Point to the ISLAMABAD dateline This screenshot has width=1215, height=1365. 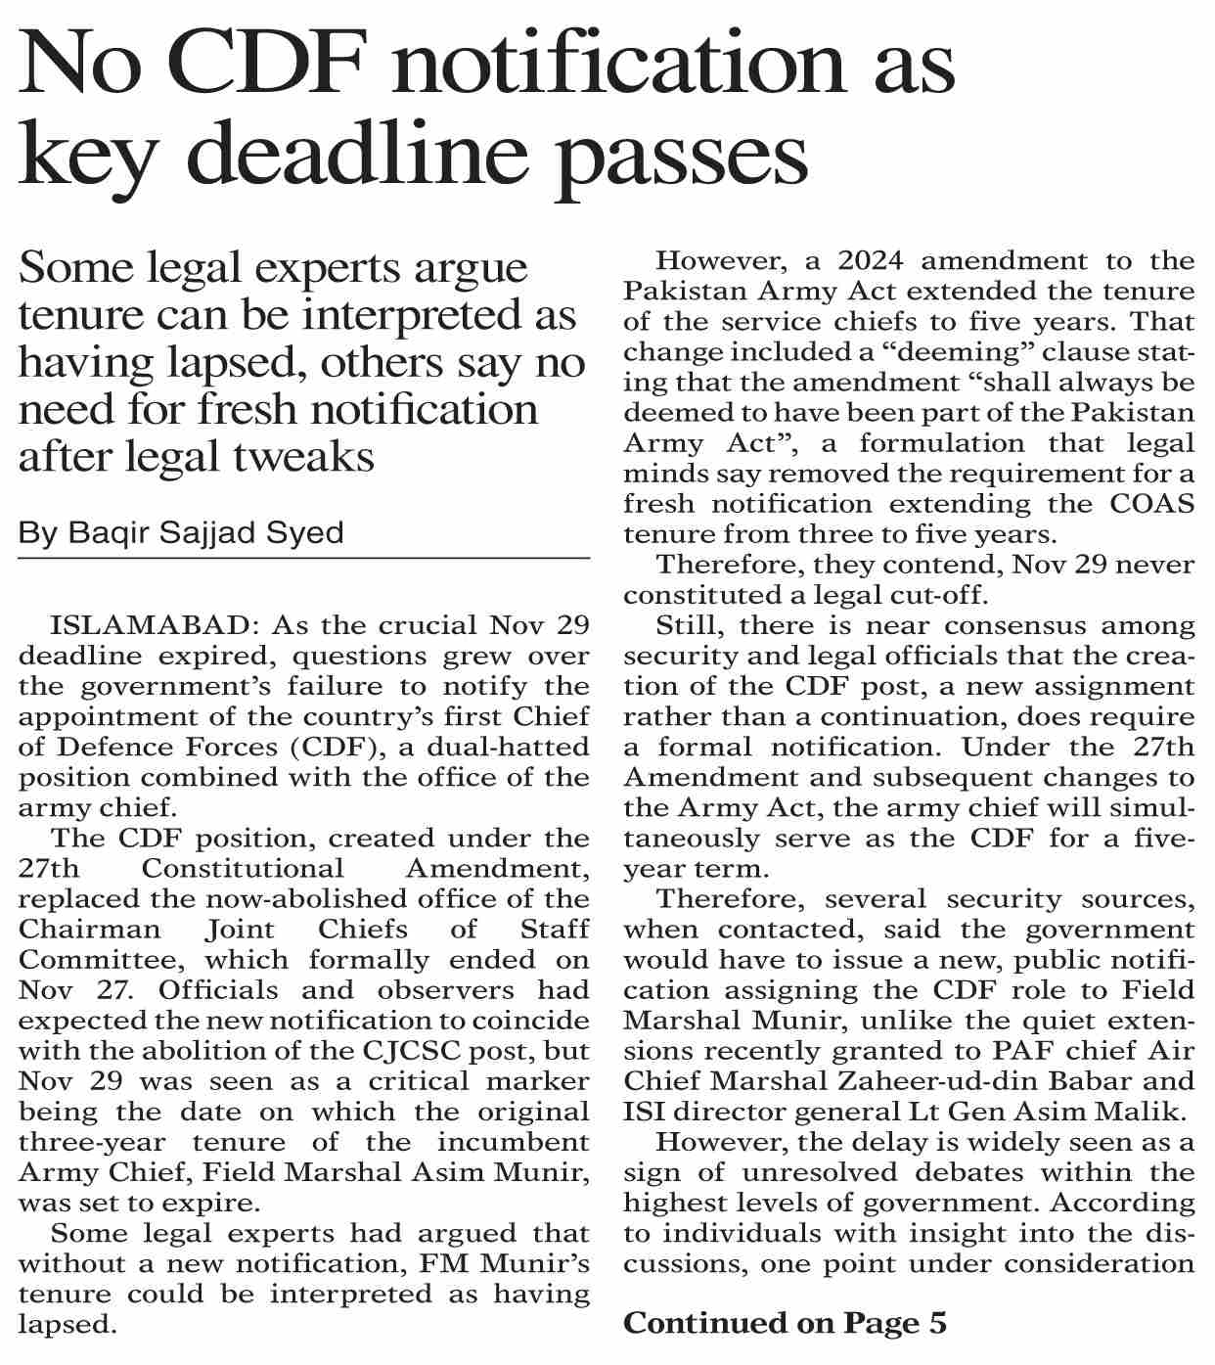154,625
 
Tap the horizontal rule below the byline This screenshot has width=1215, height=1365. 303,559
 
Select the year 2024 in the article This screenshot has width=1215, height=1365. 861,261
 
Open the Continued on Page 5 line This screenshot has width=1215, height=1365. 785,1324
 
